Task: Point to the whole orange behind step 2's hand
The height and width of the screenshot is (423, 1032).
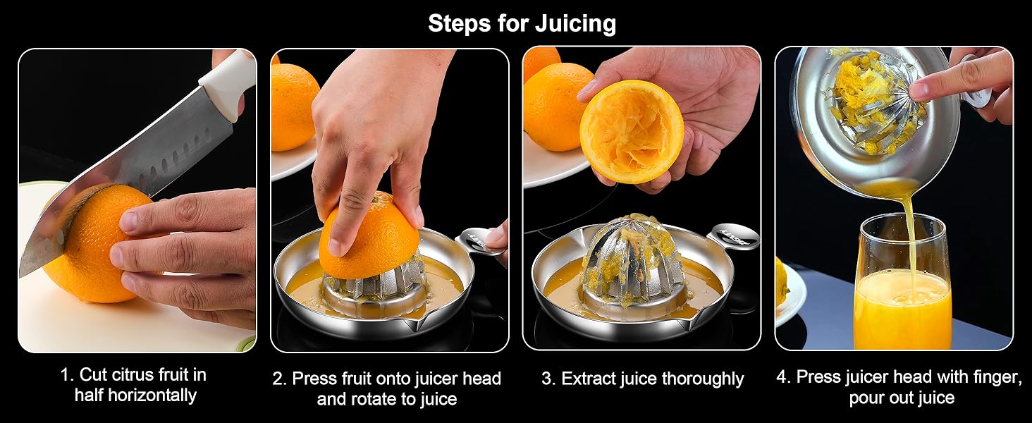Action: point(294,106)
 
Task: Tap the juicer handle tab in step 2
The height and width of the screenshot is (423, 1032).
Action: point(481,239)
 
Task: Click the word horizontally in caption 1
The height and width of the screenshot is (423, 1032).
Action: point(152,395)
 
